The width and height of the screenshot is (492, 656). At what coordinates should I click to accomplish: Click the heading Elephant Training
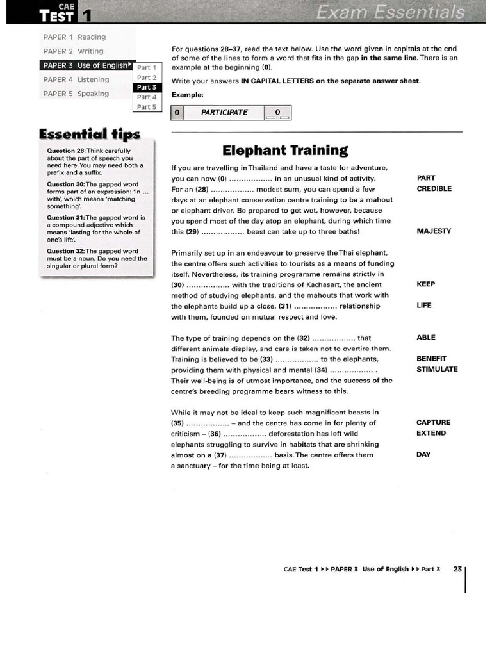[x=285, y=151]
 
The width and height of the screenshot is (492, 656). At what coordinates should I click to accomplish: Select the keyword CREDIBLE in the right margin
[x=434, y=189]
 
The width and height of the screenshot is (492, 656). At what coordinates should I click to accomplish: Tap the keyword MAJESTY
[x=434, y=231]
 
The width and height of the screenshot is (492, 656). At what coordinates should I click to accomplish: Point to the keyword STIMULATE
[x=437, y=370]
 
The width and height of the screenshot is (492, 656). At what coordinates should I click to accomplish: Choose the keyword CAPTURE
[x=434, y=423]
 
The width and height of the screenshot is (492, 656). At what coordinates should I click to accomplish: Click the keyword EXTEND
[x=431, y=433]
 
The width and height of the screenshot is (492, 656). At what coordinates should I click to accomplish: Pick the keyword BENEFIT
[x=432, y=359]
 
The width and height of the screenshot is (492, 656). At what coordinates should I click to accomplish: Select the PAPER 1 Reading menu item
[x=74, y=37]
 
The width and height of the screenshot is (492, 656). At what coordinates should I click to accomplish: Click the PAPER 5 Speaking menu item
[x=76, y=94]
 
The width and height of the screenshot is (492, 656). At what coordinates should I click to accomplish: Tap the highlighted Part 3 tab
[x=147, y=87]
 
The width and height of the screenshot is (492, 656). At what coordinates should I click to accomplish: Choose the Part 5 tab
[x=147, y=107]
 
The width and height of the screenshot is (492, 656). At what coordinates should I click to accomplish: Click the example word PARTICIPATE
[x=224, y=113]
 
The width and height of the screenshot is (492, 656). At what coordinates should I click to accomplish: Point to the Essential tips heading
[x=89, y=134]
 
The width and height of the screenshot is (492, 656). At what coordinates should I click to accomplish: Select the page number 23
[x=457, y=569]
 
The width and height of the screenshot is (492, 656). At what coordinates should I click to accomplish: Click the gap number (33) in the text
[x=266, y=359]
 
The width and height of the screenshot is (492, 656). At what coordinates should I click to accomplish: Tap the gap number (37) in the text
[x=220, y=455]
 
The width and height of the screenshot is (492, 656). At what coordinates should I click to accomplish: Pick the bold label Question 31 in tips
[x=66, y=217]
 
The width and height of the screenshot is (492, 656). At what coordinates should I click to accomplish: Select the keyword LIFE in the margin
[x=424, y=306]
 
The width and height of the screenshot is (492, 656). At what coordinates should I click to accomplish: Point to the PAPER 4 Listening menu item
[x=76, y=79]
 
